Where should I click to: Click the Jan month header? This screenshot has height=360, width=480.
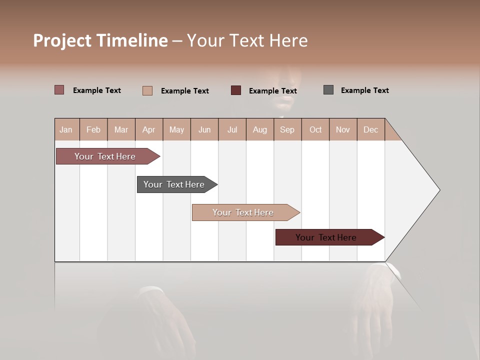click(66, 129)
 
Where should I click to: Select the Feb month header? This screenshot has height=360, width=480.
click(93, 129)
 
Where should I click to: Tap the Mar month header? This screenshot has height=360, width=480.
click(121, 129)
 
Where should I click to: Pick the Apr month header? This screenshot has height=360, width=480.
click(149, 129)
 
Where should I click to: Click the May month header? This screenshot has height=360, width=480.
click(176, 129)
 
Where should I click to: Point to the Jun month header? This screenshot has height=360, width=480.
click(204, 129)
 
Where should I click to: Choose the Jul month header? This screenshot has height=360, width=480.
click(232, 129)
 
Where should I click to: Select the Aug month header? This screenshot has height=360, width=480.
click(260, 129)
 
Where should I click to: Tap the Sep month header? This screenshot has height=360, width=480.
click(287, 129)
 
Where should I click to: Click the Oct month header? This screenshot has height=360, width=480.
click(315, 129)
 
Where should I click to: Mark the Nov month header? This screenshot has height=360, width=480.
click(343, 129)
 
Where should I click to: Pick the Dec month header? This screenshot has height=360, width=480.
click(370, 129)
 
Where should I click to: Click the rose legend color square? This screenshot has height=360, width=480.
click(59, 90)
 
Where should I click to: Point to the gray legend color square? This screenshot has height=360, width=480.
click(328, 90)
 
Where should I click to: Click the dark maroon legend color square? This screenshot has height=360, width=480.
click(236, 90)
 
